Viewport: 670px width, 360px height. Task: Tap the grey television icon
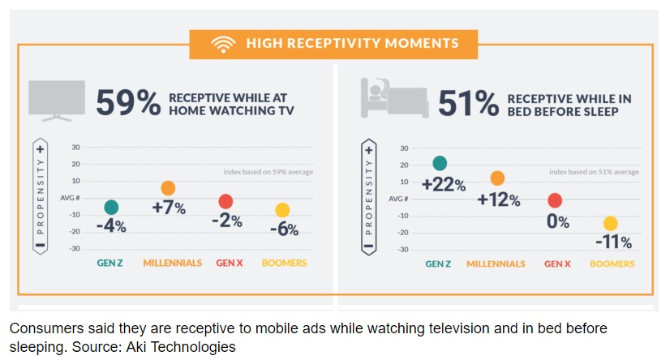pos(57,101)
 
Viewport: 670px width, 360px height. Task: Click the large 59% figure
pos(127,104)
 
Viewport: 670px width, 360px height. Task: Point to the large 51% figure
pos(469,104)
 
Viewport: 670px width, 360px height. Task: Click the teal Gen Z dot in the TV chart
pos(111,208)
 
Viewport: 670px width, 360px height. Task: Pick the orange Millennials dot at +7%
pos(168,189)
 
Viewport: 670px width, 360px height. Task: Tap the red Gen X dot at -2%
pos(225,202)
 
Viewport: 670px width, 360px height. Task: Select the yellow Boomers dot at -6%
pos(282,211)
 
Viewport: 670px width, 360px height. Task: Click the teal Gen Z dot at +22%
pos(440,164)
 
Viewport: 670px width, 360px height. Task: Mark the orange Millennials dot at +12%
pos(497,178)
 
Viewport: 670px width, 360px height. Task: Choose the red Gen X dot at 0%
pos(555,200)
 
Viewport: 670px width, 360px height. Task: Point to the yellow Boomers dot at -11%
pos(611,224)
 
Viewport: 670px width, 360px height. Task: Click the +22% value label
pos(443,185)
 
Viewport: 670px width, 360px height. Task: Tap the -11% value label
pos(612,242)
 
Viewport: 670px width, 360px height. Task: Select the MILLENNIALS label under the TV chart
pos(173,264)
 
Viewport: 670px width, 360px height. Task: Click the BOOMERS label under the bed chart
pos(612,264)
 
